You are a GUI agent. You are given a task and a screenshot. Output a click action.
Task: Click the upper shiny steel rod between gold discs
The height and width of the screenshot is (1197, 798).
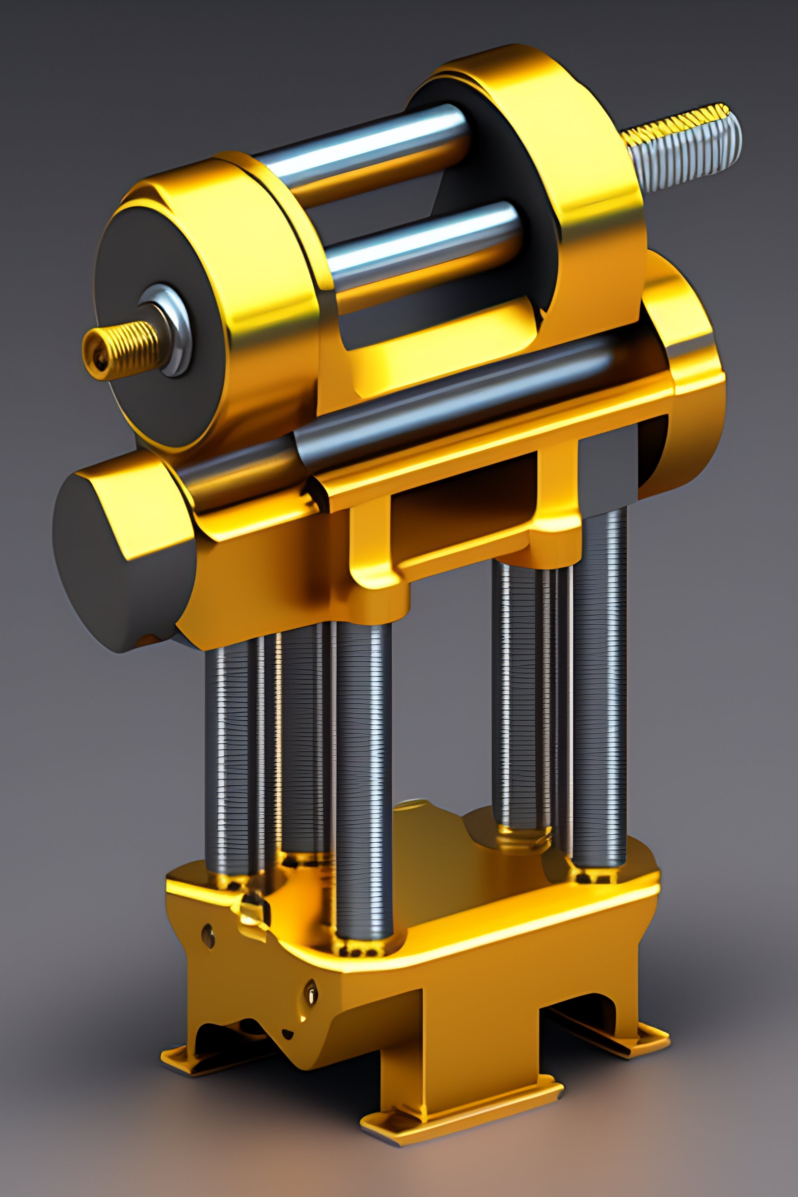pos(366,153)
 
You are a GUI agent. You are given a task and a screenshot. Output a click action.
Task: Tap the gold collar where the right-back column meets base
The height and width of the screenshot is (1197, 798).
pos(524,840)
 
